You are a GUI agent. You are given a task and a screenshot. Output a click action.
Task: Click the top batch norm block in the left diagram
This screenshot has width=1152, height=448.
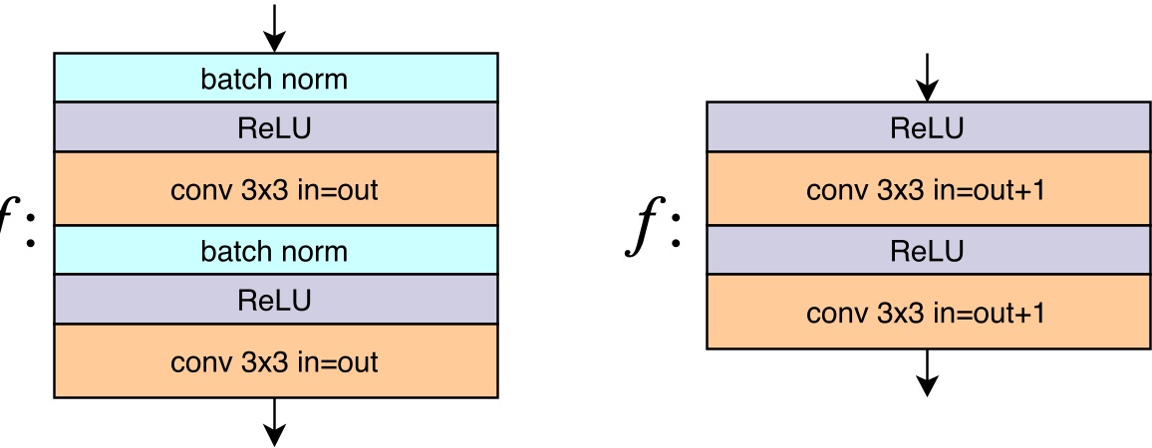coord(275,78)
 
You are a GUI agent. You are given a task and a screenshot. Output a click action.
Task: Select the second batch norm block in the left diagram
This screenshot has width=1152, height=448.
coord(275,250)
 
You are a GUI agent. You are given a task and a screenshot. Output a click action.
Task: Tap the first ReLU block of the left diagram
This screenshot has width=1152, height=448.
coord(275,127)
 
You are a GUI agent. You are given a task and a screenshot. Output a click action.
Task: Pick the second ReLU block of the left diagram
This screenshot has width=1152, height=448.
coord(275,299)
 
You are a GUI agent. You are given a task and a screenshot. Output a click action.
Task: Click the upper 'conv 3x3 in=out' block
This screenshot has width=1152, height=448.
coord(275,189)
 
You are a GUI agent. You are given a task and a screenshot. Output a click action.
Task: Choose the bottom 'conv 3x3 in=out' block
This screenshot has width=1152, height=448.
coord(275,360)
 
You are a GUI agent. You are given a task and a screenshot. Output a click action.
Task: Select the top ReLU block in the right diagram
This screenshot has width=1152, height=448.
coord(927,127)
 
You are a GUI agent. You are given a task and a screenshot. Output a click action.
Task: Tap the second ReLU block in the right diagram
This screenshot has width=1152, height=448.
coord(927,251)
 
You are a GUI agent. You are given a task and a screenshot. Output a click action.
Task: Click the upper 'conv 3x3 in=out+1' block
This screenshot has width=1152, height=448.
coord(927,189)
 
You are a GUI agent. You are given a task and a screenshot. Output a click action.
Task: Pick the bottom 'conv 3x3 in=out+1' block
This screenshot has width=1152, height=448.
coord(927,313)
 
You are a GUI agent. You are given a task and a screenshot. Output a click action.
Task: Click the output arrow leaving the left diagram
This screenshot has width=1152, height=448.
coord(274,422)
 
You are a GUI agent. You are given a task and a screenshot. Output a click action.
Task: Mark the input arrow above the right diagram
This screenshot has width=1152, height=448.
coord(927,78)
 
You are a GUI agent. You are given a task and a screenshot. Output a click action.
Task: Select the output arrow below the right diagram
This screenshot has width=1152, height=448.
coord(927,372)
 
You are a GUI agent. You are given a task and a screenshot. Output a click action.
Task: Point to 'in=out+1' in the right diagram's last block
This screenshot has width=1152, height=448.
coord(989,313)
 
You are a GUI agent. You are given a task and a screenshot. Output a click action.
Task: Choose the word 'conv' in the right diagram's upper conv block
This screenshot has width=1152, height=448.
coord(834,189)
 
